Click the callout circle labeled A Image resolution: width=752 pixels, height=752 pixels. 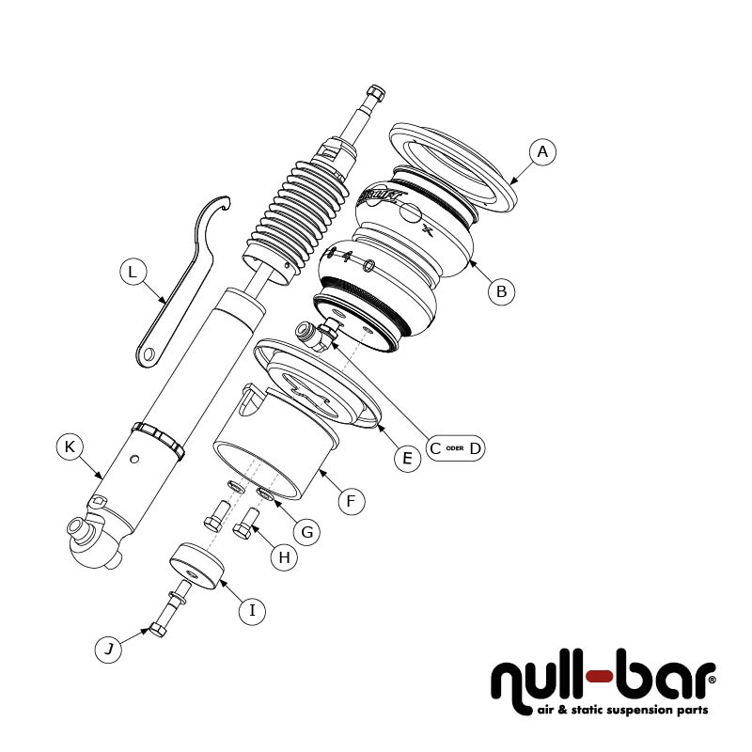pyautogui.click(x=542, y=151)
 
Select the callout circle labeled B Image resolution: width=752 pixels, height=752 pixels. pyautogui.click(x=502, y=291)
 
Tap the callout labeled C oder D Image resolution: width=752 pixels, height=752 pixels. pyautogui.click(x=455, y=448)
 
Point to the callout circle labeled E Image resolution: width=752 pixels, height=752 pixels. pyautogui.click(x=406, y=459)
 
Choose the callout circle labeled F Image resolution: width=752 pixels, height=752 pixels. pyautogui.click(x=350, y=501)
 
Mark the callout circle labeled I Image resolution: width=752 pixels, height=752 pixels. pyautogui.click(x=251, y=610)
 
